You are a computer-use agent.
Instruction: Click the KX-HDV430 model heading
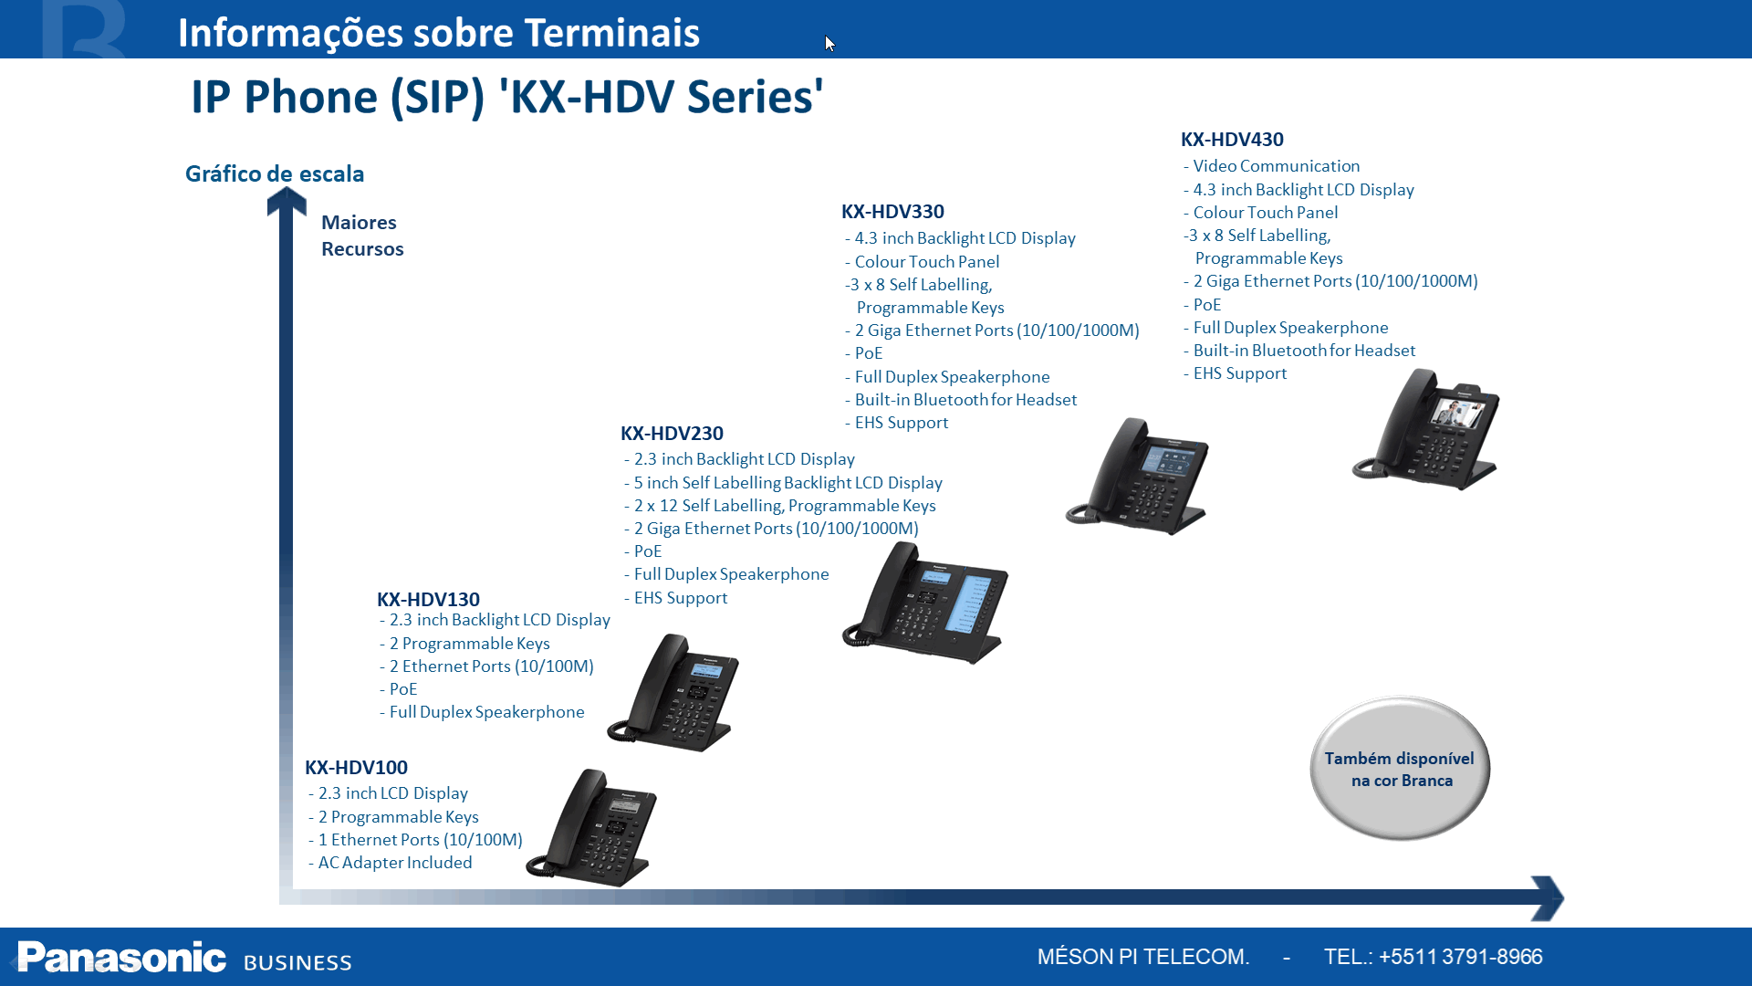click(x=1232, y=140)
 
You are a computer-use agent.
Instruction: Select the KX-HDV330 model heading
click(x=892, y=212)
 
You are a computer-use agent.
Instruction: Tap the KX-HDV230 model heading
click(x=672, y=434)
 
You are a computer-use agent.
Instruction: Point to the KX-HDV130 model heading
click(x=428, y=600)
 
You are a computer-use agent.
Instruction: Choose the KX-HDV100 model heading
click(x=356, y=768)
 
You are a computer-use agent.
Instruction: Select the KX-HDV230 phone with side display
click(x=926, y=603)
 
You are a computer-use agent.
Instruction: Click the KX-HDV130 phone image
click(x=674, y=693)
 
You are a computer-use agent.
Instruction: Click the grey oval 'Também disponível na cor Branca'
click(x=1400, y=769)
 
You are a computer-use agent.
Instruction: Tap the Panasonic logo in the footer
click(x=121, y=958)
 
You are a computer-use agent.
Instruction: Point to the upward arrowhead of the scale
click(x=287, y=202)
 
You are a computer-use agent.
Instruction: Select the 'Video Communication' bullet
click(x=1276, y=166)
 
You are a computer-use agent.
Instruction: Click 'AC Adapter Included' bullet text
click(x=395, y=863)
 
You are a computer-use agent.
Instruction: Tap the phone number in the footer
click(x=1460, y=957)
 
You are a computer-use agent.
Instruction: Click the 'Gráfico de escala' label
click(x=275, y=173)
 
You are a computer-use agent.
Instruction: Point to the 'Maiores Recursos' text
click(x=361, y=236)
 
